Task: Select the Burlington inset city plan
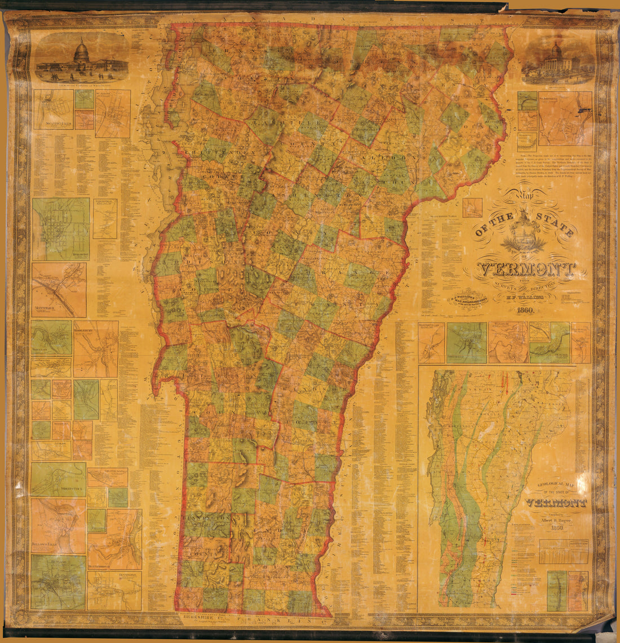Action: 61,228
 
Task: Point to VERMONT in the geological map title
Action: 556,503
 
